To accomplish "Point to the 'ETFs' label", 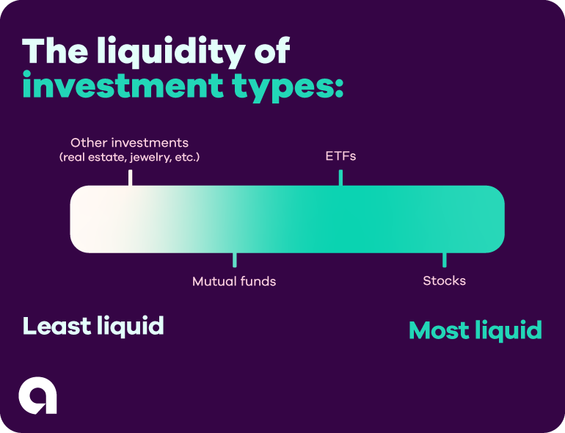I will click(x=340, y=156).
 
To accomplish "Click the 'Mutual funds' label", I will click(x=234, y=281).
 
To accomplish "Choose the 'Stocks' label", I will click(x=444, y=281).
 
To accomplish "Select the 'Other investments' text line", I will click(x=129, y=142).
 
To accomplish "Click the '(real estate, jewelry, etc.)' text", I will click(x=129, y=157).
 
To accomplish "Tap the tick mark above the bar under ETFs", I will click(x=340, y=178).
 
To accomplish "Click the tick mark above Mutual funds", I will click(x=235, y=260).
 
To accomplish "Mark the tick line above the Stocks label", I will click(x=444, y=260).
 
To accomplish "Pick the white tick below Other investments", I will click(x=130, y=178).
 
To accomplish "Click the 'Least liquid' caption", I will click(x=93, y=326).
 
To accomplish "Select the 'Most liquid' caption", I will click(x=475, y=330).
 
